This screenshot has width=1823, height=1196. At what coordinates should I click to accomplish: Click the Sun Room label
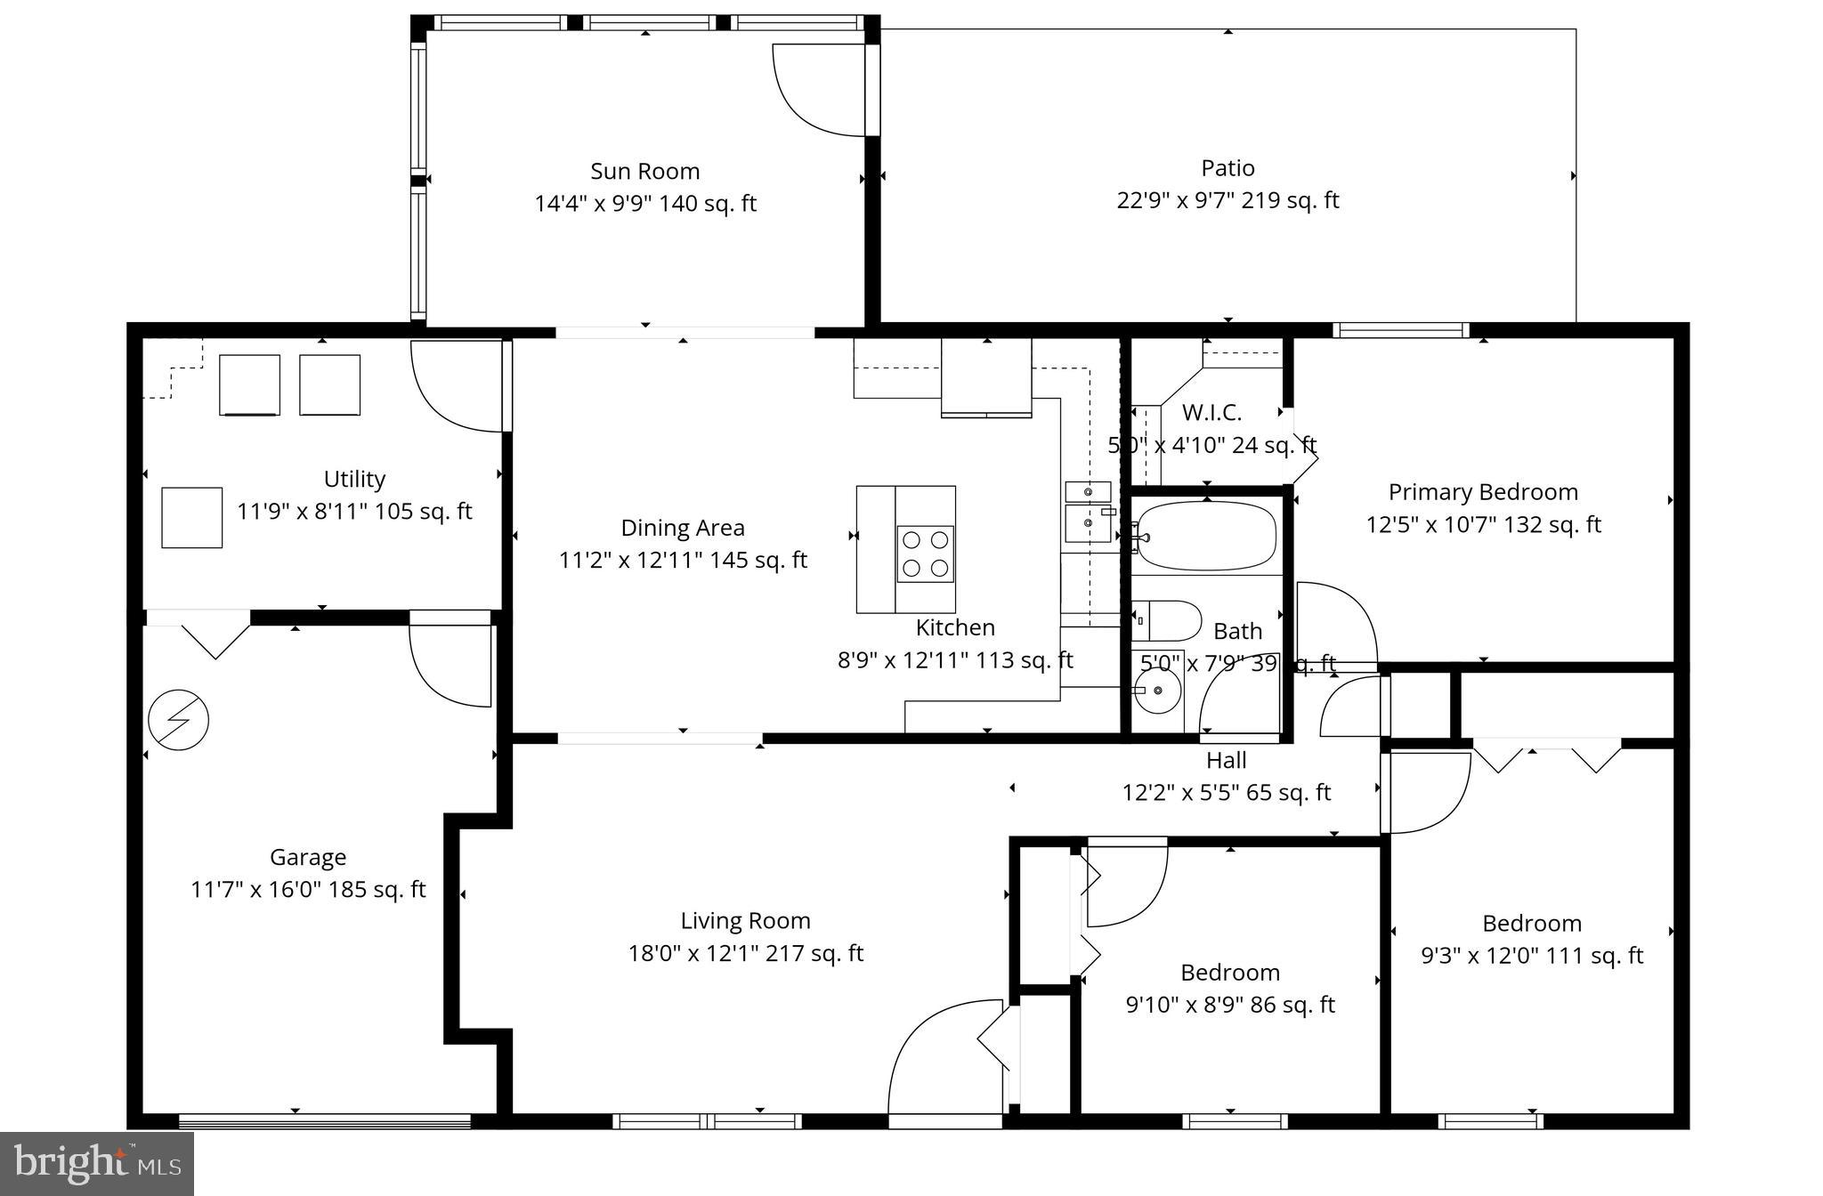[644, 171]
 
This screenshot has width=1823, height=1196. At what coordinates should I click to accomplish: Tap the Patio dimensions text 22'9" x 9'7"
[1227, 200]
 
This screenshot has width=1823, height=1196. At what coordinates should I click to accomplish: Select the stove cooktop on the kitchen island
[925, 554]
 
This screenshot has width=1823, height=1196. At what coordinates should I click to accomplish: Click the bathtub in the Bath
[1207, 536]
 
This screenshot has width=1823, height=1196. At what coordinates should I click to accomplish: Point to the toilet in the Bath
[1167, 620]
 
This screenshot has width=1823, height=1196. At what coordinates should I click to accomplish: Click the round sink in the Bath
[1157, 691]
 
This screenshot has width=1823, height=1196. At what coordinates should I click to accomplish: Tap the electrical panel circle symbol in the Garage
[178, 720]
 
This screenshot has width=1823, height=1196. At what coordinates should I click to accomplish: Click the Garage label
[307, 857]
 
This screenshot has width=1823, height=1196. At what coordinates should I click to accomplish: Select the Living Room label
[745, 920]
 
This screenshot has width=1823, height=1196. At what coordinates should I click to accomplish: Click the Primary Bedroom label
[1483, 492]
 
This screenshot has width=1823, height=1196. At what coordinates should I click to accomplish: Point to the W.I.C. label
[1211, 413]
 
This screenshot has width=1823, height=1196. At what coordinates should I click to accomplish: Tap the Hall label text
[1226, 761]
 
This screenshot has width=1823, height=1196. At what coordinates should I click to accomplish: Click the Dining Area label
[682, 528]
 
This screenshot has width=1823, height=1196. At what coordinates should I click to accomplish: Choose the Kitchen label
[955, 627]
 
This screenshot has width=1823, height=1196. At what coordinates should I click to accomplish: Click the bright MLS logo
[96, 1163]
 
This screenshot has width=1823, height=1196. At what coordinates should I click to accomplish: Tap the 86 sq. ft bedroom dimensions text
[1230, 1005]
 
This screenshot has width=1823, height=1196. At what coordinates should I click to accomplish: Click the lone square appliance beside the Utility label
[191, 517]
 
